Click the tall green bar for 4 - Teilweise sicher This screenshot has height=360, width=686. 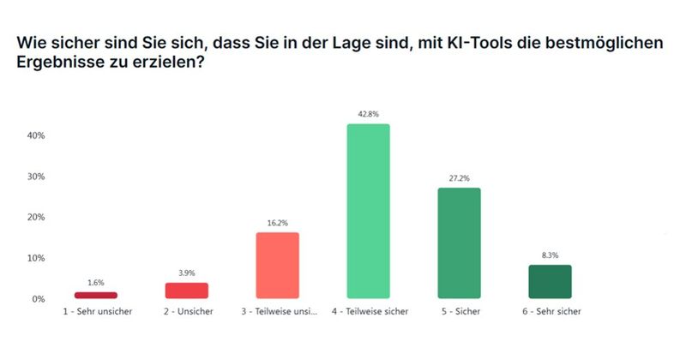pyautogui.click(x=368, y=211)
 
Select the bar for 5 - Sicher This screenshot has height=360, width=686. pyautogui.click(x=459, y=243)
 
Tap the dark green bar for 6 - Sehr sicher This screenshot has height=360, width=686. pyautogui.click(x=550, y=281)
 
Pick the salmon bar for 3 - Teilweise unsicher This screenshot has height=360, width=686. pyautogui.click(x=277, y=265)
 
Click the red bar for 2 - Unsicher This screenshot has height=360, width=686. pyautogui.click(x=187, y=291)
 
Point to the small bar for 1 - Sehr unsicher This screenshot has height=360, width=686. pyautogui.click(x=96, y=295)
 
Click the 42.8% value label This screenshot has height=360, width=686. pyautogui.click(x=368, y=114)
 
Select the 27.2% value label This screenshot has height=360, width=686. pyautogui.click(x=459, y=178)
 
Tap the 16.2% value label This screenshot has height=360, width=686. pyautogui.click(x=277, y=223)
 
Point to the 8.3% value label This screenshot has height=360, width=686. pyautogui.click(x=550, y=255)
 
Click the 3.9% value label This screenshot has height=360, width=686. pyautogui.click(x=187, y=273)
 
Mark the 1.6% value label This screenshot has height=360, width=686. pyautogui.click(x=96, y=283)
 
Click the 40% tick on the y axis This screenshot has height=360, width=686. pyautogui.click(x=35, y=135)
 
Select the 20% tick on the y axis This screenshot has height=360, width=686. pyautogui.click(x=35, y=217)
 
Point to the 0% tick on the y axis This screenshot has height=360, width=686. pyautogui.click(x=38, y=299)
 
